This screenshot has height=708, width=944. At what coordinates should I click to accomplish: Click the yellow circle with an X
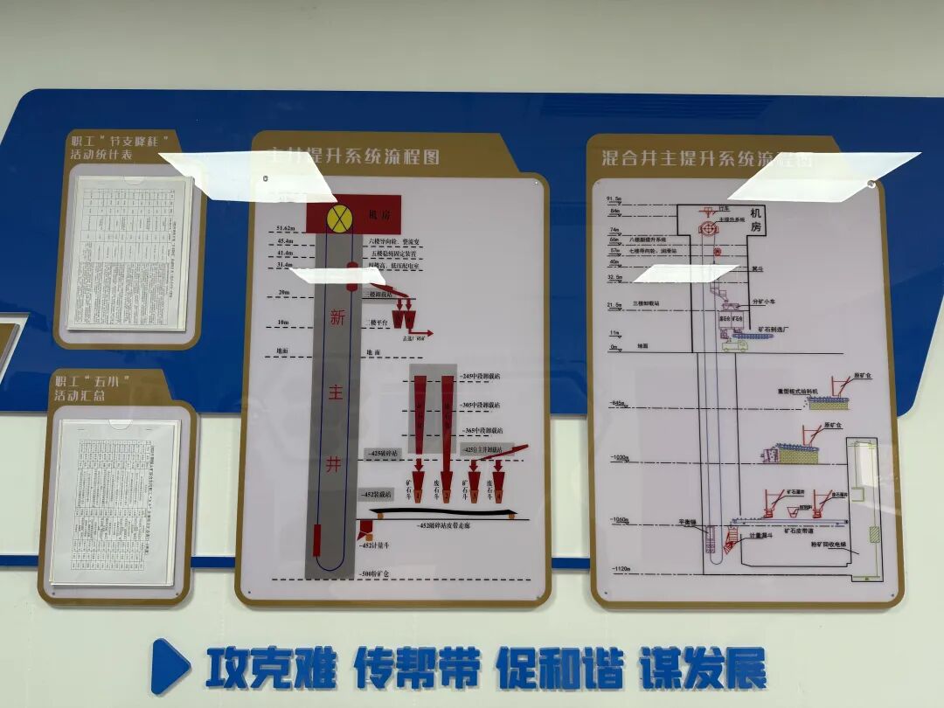tap(338, 219)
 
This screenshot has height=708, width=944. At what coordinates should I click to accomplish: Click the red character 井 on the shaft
tap(334, 465)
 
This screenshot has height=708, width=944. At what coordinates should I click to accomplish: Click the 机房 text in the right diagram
tap(756, 219)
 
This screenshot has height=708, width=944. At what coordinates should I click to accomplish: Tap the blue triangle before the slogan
tap(170, 666)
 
